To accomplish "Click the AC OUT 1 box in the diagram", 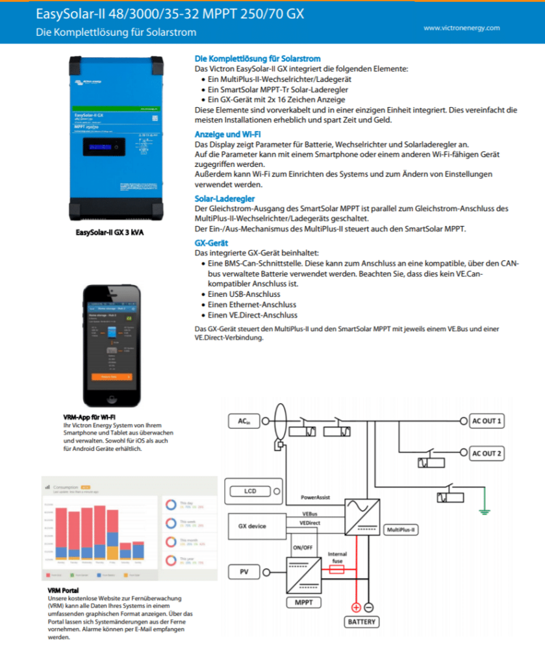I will [487, 421].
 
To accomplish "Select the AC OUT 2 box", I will [487, 453].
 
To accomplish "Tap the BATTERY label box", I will [361, 621].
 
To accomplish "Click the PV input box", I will [244, 571].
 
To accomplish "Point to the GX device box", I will [252, 525].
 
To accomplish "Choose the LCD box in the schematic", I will [250, 491].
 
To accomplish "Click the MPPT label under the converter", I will [303, 603].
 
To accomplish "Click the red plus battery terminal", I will [356, 607].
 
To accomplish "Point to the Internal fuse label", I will [337, 557].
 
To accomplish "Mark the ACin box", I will [244, 422].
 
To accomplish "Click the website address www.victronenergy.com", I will [461, 28].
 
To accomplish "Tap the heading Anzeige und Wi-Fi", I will [228, 134].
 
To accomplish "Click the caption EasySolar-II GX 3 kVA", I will [109, 232].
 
